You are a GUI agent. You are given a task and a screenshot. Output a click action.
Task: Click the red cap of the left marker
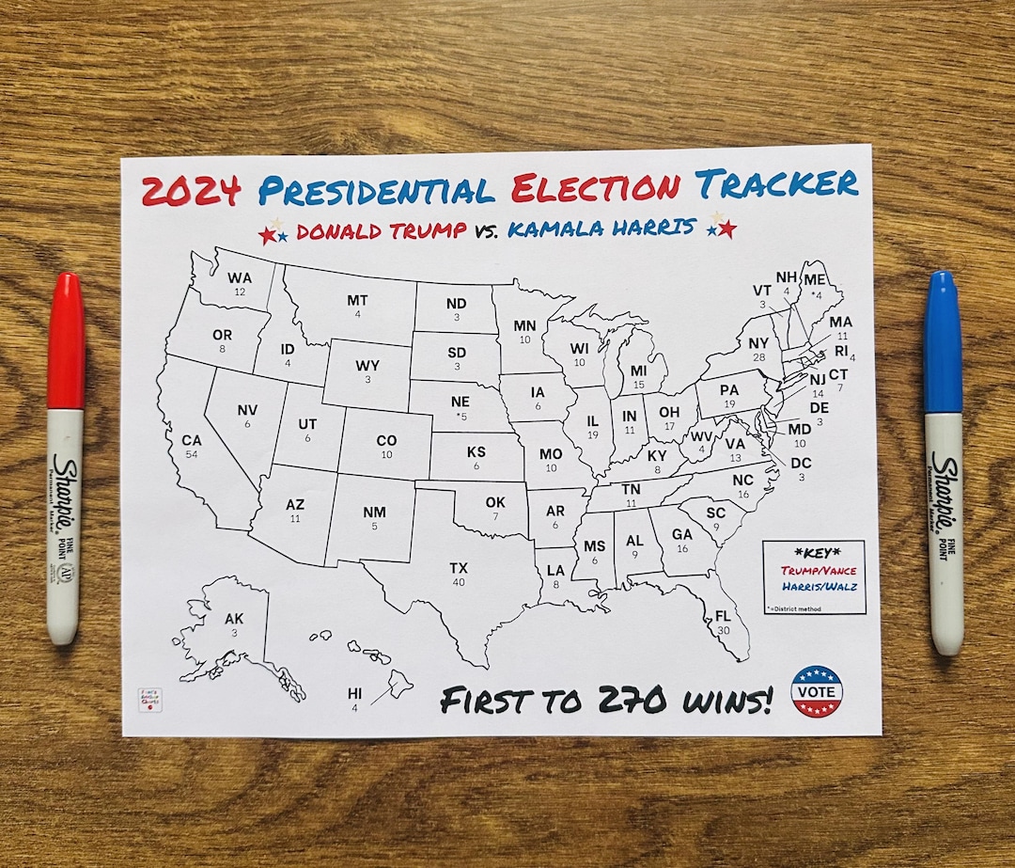click(66, 341)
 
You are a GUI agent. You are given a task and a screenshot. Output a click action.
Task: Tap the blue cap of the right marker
click(943, 341)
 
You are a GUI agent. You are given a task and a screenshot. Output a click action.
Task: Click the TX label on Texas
click(459, 568)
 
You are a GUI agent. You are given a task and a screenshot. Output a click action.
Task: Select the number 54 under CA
click(192, 454)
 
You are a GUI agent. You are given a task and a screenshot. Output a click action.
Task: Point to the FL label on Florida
click(723, 616)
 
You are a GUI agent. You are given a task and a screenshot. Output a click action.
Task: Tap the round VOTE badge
click(816, 691)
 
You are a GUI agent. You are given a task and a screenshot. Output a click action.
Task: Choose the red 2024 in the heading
click(192, 191)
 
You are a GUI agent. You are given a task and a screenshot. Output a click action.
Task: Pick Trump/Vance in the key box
click(813, 570)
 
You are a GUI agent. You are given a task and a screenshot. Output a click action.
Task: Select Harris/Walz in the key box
click(814, 587)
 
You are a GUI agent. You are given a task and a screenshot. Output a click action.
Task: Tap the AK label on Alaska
click(234, 619)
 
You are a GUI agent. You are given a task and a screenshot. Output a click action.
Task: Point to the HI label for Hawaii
click(354, 694)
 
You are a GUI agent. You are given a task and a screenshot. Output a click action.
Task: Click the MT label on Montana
click(357, 301)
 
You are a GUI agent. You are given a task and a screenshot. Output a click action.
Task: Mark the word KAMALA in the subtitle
click(554, 229)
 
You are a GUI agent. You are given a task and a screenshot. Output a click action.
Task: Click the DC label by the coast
click(801, 464)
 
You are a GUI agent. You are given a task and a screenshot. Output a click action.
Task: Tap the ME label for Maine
click(814, 280)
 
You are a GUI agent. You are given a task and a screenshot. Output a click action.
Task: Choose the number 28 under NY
click(757, 357)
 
